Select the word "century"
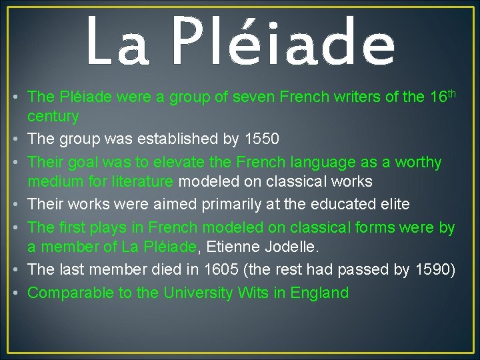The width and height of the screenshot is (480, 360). tap(53, 117)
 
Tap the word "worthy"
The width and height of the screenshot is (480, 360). tap(418, 162)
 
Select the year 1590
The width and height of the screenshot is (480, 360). tap(434, 270)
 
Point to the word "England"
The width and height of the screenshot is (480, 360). tap(319, 293)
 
